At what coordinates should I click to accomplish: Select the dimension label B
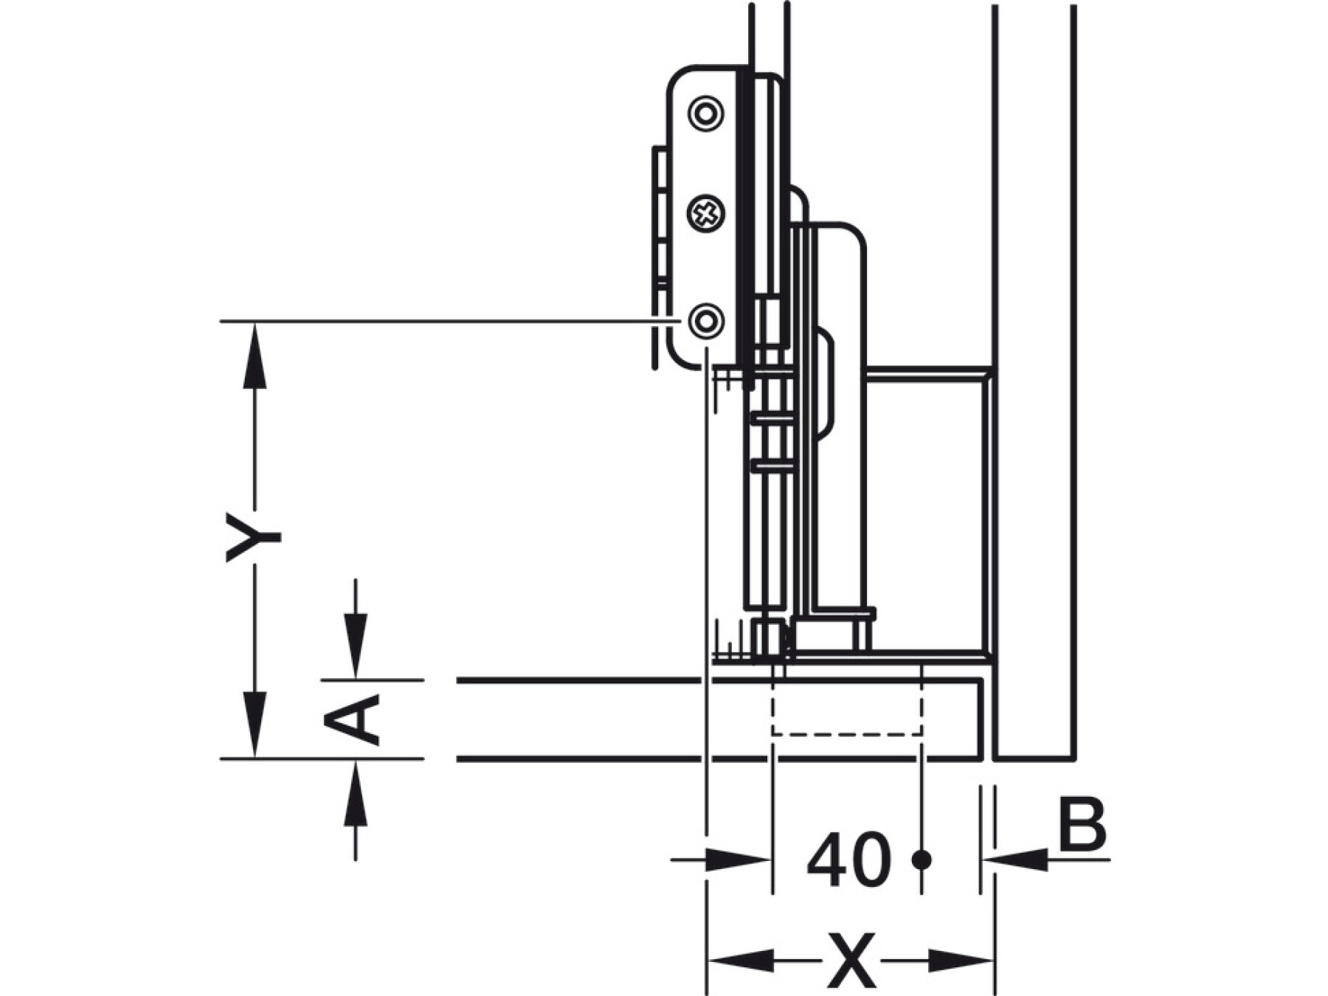1082,823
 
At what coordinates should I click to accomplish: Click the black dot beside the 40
921,860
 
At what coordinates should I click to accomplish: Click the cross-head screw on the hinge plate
705,215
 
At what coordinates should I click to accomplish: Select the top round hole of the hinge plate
705,113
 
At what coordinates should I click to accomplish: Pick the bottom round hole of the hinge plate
705,321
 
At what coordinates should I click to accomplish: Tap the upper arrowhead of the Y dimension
255,355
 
